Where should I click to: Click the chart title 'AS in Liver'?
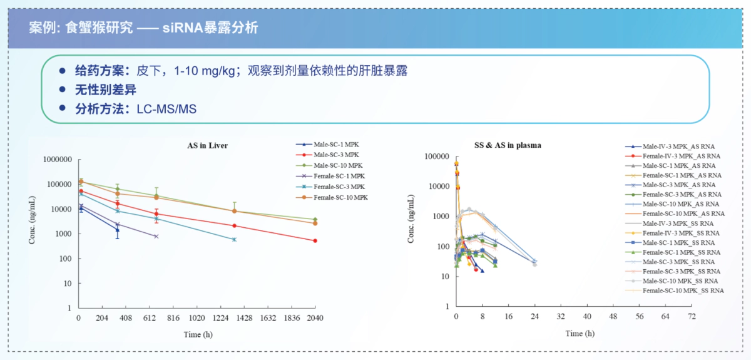tap(207, 145)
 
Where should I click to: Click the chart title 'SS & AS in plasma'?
tap(508, 145)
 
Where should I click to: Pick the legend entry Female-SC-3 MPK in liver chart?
tap(338, 187)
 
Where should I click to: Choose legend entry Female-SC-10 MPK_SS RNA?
tap(683, 291)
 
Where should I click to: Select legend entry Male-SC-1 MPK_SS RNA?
tap(678, 242)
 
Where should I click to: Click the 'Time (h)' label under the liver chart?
tap(197, 334)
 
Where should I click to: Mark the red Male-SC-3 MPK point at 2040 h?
tap(315, 240)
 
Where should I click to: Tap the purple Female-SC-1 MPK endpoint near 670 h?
tap(156, 236)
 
